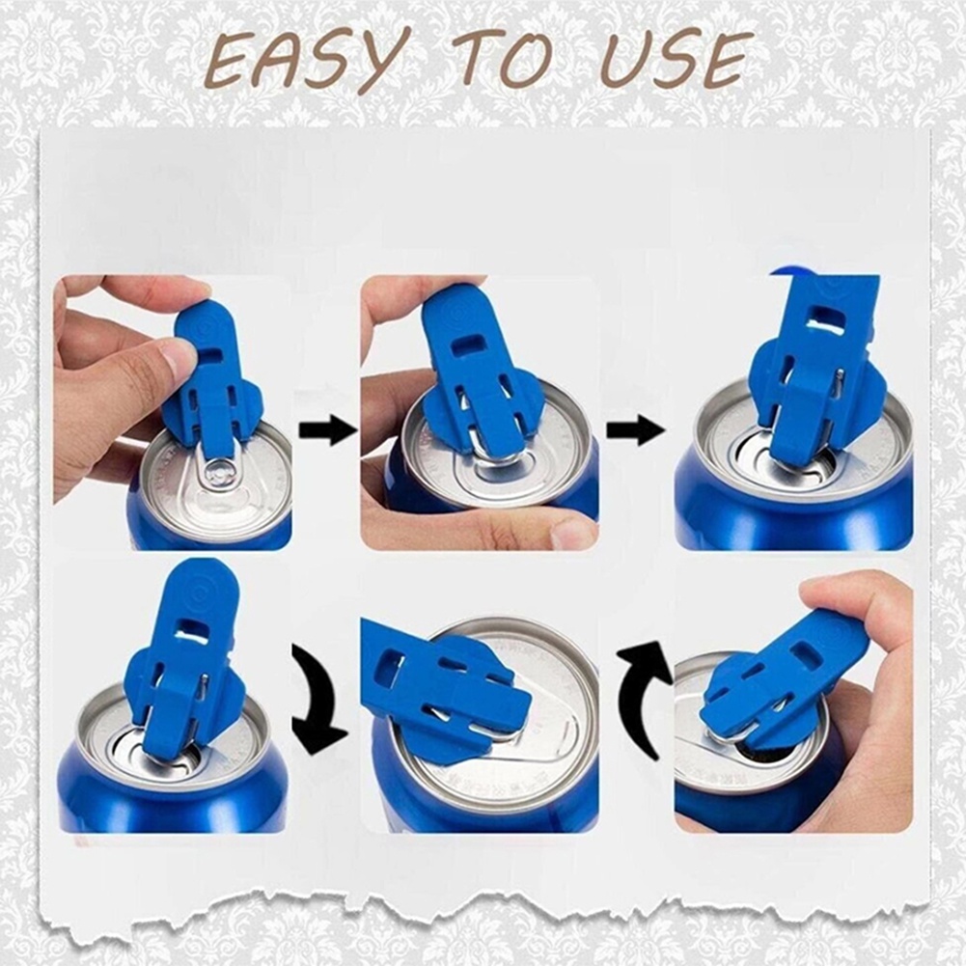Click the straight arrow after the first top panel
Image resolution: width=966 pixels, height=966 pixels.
point(327,429)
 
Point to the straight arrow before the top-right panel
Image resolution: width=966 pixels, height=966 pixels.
point(635,429)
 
